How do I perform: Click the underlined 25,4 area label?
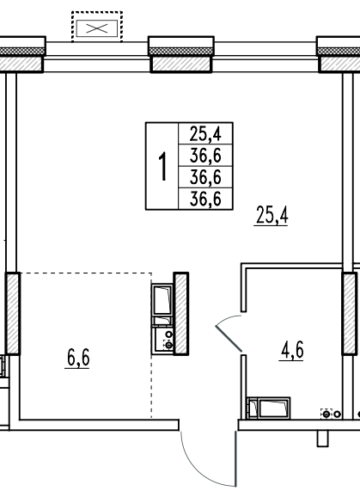click(272, 215)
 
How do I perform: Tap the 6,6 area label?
click(77, 358)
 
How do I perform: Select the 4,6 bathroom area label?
click(291, 350)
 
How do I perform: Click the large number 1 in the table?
click(162, 166)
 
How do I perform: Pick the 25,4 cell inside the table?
click(205, 133)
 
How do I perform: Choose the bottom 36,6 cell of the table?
click(205, 199)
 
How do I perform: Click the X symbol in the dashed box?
click(97, 28)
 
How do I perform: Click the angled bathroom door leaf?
click(229, 338)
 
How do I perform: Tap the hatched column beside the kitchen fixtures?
click(180, 314)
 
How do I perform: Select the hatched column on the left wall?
click(13, 314)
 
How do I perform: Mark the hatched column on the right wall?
click(350, 314)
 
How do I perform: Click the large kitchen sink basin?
click(162, 299)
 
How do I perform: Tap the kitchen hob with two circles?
click(162, 341)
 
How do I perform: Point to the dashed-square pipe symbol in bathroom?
click(326, 414)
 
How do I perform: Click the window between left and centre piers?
click(97, 57)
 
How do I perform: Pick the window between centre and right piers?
click(265, 57)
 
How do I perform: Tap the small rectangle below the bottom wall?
click(323, 439)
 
